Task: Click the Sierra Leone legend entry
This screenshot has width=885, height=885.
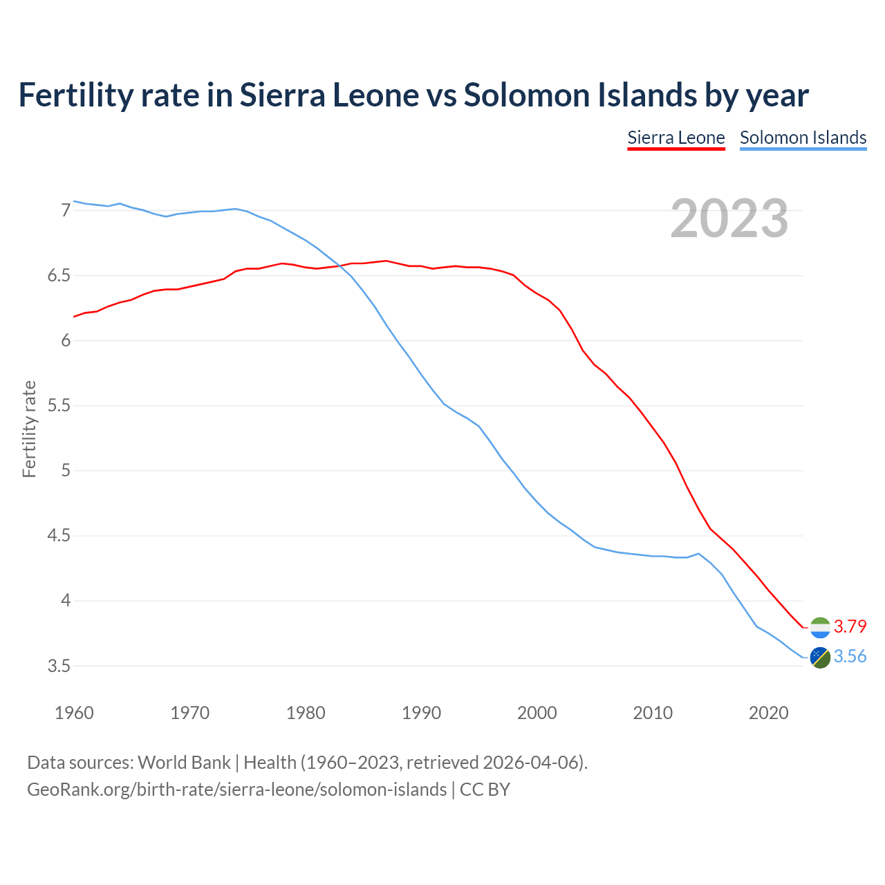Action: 676,138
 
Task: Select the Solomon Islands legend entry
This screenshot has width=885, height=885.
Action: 803,138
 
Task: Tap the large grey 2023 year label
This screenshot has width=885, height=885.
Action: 729,218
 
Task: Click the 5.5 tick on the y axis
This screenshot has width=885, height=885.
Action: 59,406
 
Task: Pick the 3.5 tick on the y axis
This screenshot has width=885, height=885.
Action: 59,667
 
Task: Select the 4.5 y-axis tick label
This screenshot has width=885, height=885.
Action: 59,536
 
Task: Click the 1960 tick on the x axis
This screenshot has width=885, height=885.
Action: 74,713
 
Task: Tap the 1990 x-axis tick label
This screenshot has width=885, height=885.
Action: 421,713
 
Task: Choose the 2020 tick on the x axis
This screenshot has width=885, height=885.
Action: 768,713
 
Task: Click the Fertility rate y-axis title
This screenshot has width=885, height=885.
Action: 29,429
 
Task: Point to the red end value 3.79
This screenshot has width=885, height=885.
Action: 850,626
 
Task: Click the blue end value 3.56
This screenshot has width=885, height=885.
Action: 850,656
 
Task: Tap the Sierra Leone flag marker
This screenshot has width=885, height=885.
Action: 820,627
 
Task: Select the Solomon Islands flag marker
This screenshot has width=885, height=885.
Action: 820,658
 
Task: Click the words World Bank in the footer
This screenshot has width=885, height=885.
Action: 184,763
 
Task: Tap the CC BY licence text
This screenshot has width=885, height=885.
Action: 485,790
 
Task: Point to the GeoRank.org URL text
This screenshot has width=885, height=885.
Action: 236,790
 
